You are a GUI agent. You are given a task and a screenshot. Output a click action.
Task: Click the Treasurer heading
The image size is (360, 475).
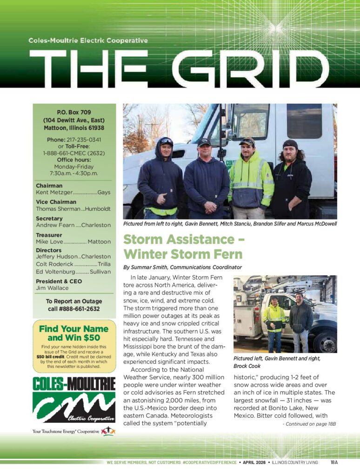click(x=49, y=235)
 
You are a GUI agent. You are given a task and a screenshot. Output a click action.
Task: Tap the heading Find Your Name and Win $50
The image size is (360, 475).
click(x=73, y=333)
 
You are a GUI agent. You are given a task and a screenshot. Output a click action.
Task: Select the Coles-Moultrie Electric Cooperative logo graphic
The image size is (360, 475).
click(x=73, y=400)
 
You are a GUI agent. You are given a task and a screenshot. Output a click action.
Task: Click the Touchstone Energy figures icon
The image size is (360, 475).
click(x=107, y=431)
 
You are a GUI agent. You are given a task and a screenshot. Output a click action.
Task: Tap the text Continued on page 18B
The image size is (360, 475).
click(x=309, y=424)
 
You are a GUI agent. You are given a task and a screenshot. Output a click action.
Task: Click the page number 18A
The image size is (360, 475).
click(x=333, y=462)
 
